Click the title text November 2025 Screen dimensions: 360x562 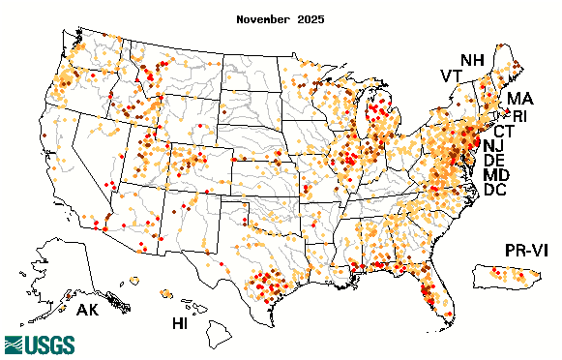point(281,18)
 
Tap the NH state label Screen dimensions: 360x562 point(473,60)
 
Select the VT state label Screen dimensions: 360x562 point(452,75)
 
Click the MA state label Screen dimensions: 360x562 point(519,99)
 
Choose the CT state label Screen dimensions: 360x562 point(504,131)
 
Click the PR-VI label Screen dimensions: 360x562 point(529,252)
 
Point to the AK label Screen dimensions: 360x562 point(88,312)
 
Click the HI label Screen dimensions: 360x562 point(180,322)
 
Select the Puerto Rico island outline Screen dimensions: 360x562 point(502,278)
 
